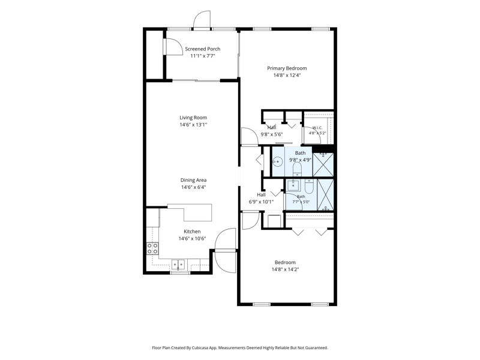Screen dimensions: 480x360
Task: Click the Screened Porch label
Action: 203,49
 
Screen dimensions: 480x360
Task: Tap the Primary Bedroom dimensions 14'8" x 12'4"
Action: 287,76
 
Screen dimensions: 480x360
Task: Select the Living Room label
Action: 193,118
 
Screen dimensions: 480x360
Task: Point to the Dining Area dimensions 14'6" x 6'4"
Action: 193,187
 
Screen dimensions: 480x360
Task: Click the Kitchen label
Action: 192,232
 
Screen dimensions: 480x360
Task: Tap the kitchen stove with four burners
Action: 152,248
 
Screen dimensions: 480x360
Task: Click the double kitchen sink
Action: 178,264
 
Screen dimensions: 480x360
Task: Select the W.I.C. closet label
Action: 317,128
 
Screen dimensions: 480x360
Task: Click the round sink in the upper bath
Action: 277,161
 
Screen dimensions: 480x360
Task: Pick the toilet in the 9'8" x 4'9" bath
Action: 297,169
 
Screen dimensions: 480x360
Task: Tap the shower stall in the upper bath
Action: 323,164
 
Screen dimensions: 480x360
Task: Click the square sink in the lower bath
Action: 293,185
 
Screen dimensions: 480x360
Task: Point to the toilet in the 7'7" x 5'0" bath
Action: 309,186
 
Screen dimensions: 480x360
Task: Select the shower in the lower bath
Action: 325,194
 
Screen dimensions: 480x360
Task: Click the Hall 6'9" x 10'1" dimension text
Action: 261,202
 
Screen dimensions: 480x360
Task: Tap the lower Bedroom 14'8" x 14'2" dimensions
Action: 285,269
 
